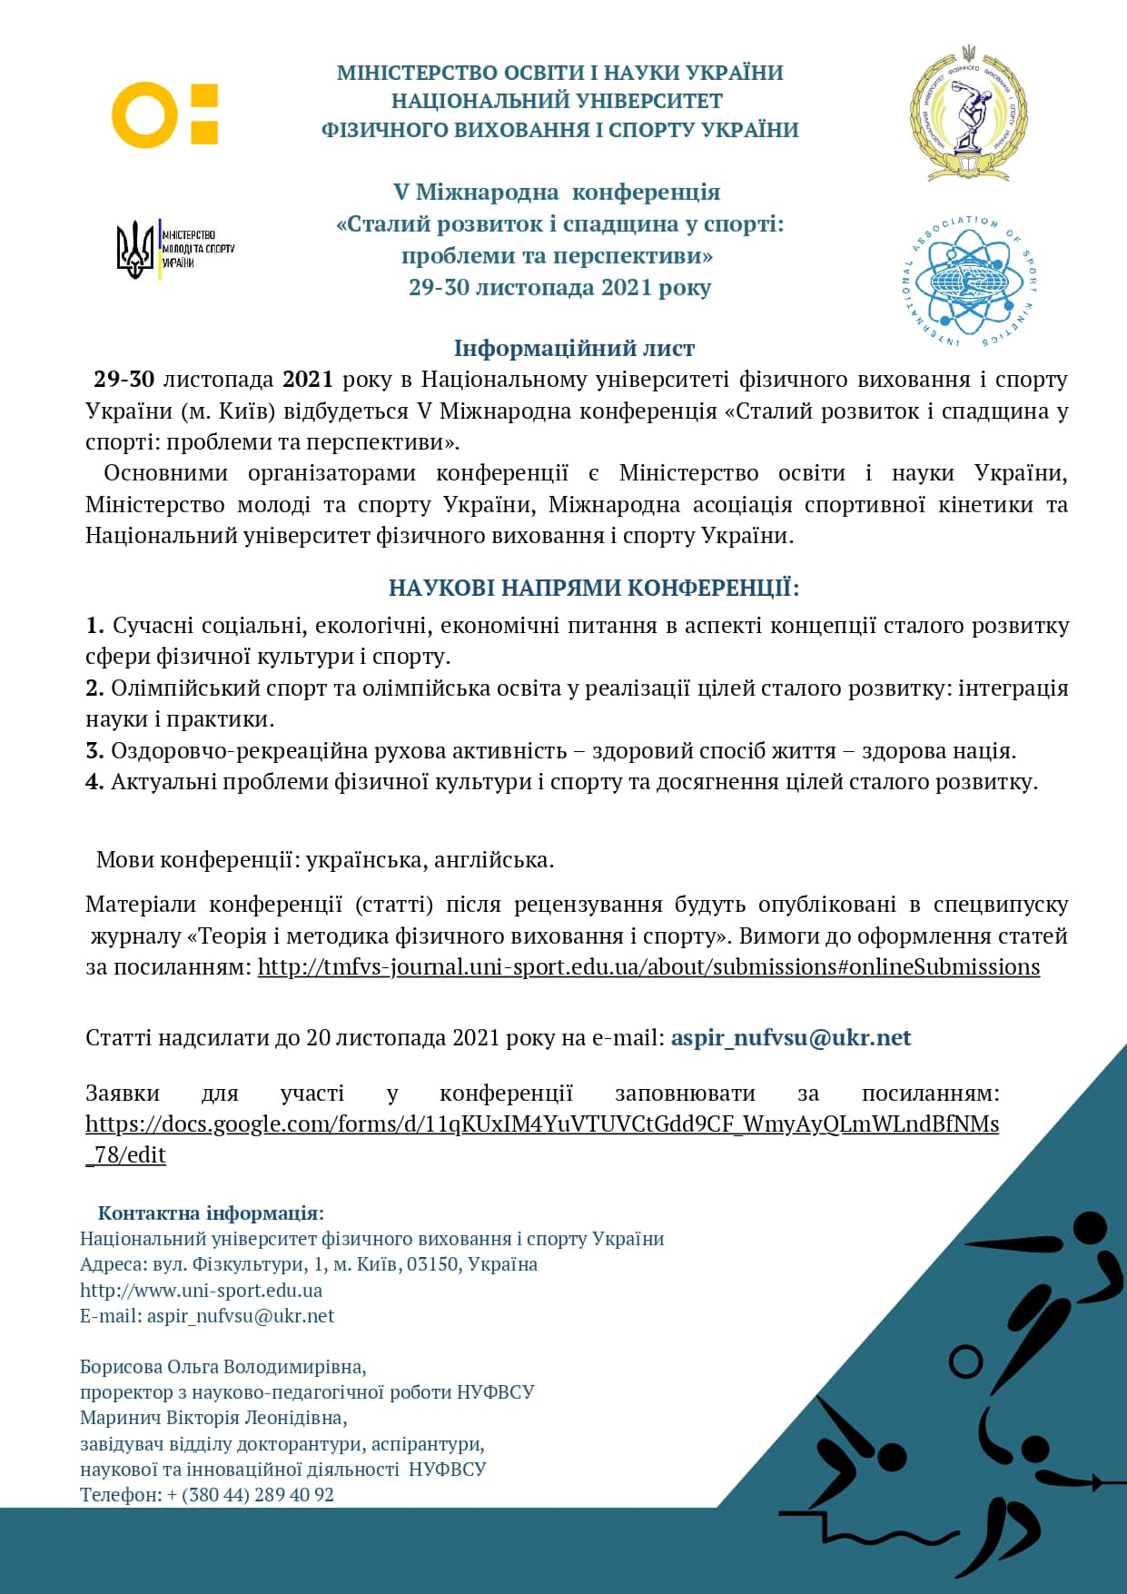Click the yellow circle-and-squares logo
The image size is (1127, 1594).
coord(164,114)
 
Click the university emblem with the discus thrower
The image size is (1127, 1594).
coord(968,113)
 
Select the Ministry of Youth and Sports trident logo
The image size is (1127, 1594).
coord(136,249)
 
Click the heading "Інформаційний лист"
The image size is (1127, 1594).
coord(574,348)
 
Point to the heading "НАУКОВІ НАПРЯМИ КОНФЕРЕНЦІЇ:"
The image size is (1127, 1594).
coord(594,588)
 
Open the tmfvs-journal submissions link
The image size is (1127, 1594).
coord(648,966)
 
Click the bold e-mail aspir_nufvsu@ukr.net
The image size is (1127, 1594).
coord(790,1037)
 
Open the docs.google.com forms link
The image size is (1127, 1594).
coord(542,1124)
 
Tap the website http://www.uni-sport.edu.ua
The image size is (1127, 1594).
coord(201,1290)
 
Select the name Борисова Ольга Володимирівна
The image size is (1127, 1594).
coord(222,1366)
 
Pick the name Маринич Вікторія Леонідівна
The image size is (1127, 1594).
coord(213,1417)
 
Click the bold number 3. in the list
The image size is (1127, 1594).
coord(94,751)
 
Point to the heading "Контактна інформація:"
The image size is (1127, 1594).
coord(211,1213)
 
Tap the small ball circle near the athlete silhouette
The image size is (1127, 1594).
coord(965,1361)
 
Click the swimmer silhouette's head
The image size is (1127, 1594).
coord(889,1456)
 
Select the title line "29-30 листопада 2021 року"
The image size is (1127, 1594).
coord(559,287)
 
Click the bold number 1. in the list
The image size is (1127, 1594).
coord(94,626)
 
